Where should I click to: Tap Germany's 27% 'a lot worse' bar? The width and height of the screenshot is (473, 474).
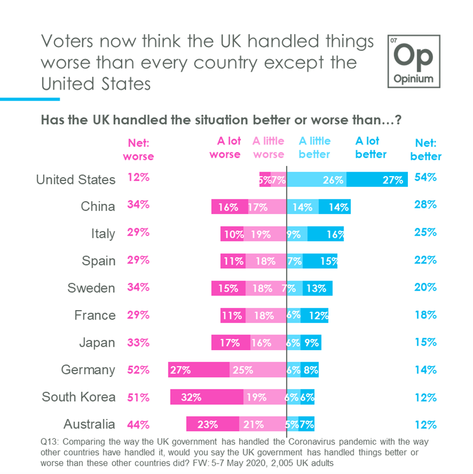tap(198, 370)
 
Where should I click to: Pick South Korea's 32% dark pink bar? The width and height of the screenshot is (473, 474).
tap(206, 397)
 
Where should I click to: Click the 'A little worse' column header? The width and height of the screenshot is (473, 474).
tap(268, 148)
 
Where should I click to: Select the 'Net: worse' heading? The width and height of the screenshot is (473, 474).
tap(138, 149)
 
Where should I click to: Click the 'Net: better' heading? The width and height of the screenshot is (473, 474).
tap(426, 149)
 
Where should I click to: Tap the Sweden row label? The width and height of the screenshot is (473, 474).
tap(91, 288)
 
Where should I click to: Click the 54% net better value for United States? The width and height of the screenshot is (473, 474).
tap(426, 178)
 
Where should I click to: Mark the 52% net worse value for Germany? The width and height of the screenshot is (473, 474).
tap(138, 370)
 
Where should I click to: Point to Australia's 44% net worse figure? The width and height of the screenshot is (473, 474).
tap(138, 424)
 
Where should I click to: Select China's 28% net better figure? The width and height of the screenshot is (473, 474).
tap(426, 205)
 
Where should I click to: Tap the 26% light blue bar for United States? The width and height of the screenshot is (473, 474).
tap(316, 179)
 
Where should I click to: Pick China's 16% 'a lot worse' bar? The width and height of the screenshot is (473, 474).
tap(229, 207)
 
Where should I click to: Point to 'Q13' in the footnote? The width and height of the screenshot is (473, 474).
tap(48, 441)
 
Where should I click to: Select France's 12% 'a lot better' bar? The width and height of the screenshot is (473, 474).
tap(315, 316)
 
